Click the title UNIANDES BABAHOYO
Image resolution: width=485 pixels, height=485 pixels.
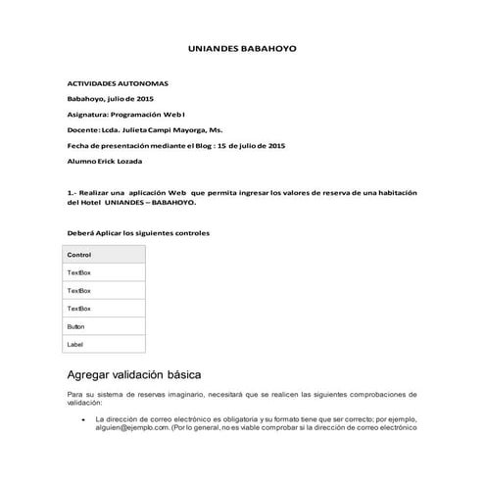tap(242, 48)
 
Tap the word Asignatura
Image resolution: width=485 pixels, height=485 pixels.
tap(86, 114)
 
